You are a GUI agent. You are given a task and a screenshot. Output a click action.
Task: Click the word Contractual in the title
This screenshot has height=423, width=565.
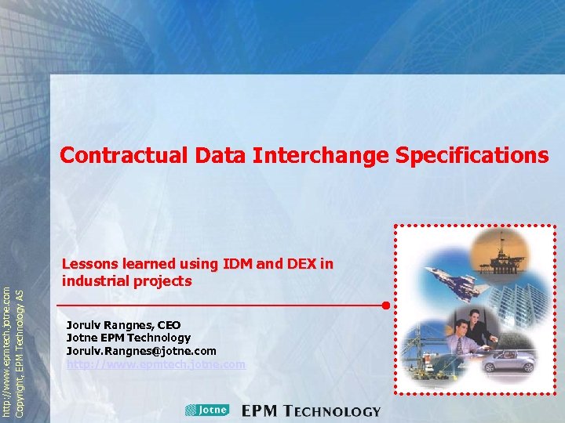124,155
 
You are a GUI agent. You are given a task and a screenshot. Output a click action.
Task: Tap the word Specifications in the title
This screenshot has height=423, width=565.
472,155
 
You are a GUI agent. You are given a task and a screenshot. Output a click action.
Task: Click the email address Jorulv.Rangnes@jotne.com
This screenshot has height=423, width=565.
141,351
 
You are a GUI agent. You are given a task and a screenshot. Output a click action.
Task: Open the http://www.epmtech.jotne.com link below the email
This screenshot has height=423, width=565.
156,364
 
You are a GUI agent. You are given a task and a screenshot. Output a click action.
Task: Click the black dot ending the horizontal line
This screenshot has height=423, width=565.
385,305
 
